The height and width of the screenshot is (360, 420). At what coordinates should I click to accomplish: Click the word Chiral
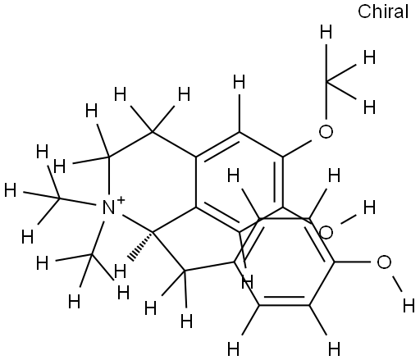coord(383,11)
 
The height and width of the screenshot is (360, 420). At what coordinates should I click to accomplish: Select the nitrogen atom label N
coord(108,207)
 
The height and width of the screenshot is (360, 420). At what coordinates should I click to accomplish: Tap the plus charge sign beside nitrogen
coord(121,200)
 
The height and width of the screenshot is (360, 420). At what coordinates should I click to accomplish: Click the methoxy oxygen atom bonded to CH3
coord(326,131)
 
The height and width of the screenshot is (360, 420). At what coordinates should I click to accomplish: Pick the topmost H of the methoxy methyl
coord(326,32)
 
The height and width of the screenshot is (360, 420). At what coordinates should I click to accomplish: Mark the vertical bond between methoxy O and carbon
coord(326,100)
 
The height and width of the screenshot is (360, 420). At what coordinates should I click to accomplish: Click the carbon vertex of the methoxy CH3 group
coord(326,81)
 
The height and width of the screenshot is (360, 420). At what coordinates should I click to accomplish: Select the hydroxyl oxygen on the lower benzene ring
coord(384,262)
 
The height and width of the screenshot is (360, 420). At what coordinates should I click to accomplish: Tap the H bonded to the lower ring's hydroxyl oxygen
coord(409,306)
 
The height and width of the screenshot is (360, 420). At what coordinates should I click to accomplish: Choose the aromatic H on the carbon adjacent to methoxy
coord(240,82)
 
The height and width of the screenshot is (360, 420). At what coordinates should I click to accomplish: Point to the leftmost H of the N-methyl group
coord(11,190)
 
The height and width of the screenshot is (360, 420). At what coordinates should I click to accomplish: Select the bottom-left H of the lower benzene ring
coord(233,349)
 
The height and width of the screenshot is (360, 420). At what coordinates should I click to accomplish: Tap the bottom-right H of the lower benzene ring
coord(334,349)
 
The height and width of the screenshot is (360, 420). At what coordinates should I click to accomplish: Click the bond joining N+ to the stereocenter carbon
coord(138,224)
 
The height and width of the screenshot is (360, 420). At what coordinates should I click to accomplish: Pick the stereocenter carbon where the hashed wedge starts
coord(153,233)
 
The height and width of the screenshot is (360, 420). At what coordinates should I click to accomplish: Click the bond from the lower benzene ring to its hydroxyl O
coord(353,262)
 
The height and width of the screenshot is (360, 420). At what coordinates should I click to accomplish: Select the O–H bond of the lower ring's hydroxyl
coord(397,284)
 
